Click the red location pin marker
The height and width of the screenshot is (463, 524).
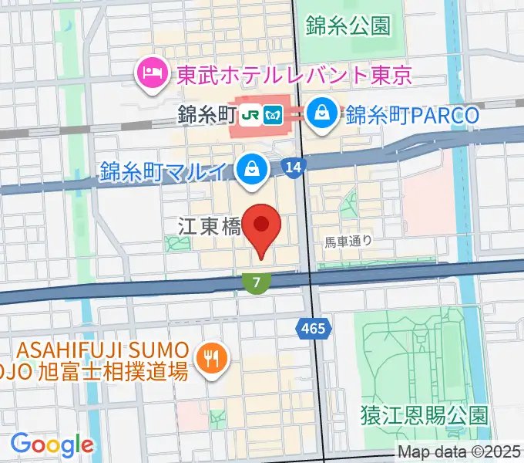[262, 226]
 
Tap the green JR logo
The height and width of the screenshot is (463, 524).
[250, 116]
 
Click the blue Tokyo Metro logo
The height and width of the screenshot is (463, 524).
[270, 116]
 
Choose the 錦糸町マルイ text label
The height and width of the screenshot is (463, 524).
[166, 171]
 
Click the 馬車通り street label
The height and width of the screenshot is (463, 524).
[348, 241]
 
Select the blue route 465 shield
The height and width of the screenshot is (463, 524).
[313, 330]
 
